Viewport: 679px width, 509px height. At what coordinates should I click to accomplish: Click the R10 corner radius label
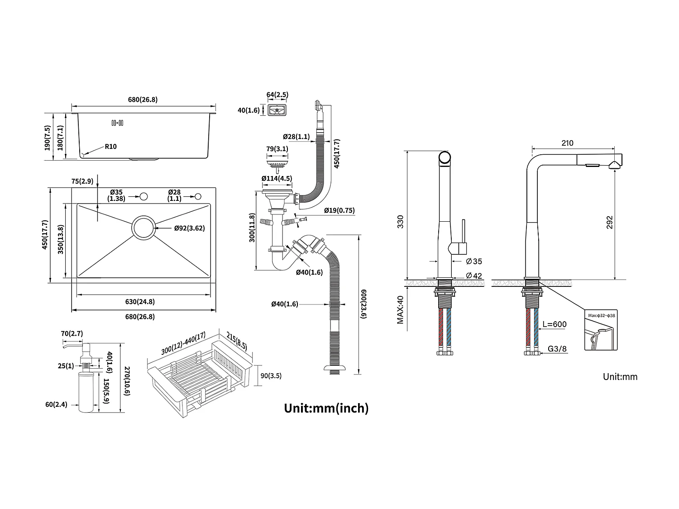click(111, 146)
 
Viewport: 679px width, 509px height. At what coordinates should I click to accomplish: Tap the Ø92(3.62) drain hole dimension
click(190, 228)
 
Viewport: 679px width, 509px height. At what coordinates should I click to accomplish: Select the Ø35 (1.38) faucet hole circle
click(144, 196)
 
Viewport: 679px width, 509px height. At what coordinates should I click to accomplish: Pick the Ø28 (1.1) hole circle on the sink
click(198, 196)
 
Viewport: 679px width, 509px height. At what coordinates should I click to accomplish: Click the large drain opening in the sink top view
click(144, 228)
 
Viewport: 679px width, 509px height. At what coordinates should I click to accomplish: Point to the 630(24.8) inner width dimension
click(140, 302)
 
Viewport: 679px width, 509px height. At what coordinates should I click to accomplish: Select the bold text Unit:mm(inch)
click(326, 408)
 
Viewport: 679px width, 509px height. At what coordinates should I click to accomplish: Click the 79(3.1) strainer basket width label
click(277, 148)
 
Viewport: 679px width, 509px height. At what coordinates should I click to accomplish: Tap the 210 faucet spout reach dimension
click(567, 143)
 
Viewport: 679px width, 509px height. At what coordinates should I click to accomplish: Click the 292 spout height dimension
click(609, 223)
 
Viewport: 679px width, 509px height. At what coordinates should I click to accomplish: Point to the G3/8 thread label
click(557, 348)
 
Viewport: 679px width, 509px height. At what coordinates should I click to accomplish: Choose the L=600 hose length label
click(555, 324)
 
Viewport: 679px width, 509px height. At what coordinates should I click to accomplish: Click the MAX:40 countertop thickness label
click(400, 309)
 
